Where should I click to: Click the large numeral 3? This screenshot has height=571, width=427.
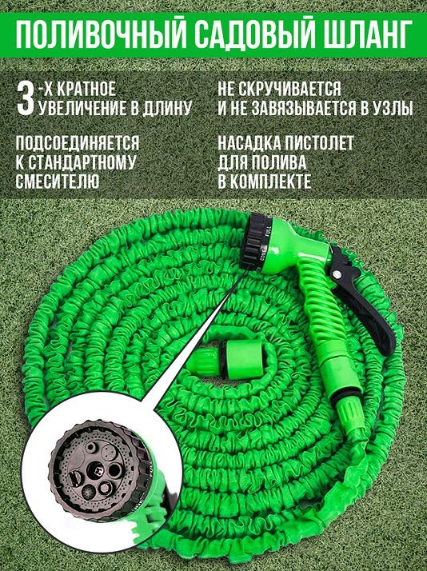pyautogui.click(x=26, y=96)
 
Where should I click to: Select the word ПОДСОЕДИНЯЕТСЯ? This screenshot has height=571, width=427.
pyautogui.click(x=78, y=144)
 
